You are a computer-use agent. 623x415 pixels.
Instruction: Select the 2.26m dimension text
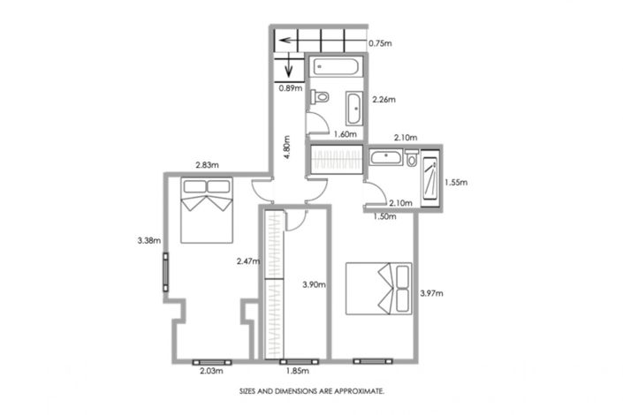pyautogui.click(x=384, y=100)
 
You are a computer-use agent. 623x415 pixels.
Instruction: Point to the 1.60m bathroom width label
pyautogui.click(x=345, y=134)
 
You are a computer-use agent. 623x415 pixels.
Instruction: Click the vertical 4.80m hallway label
pyautogui.click(x=285, y=145)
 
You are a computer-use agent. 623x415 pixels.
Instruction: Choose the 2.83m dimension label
pyautogui.click(x=207, y=164)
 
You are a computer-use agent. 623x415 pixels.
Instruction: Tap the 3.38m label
pyautogui.click(x=148, y=239)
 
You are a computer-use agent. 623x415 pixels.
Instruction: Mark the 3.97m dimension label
pyautogui.click(x=431, y=293)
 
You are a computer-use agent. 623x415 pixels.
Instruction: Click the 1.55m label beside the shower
pyautogui.click(x=457, y=183)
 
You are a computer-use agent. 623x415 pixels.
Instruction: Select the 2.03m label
pyautogui.click(x=211, y=373)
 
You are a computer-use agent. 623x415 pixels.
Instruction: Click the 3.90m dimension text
pyautogui.click(x=314, y=284)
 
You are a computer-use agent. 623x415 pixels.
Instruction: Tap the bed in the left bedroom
pyautogui.click(x=207, y=209)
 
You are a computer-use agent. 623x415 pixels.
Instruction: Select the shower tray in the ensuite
pyautogui.click(x=429, y=177)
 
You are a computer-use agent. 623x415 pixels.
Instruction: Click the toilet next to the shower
pyautogui.click(x=412, y=158)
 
